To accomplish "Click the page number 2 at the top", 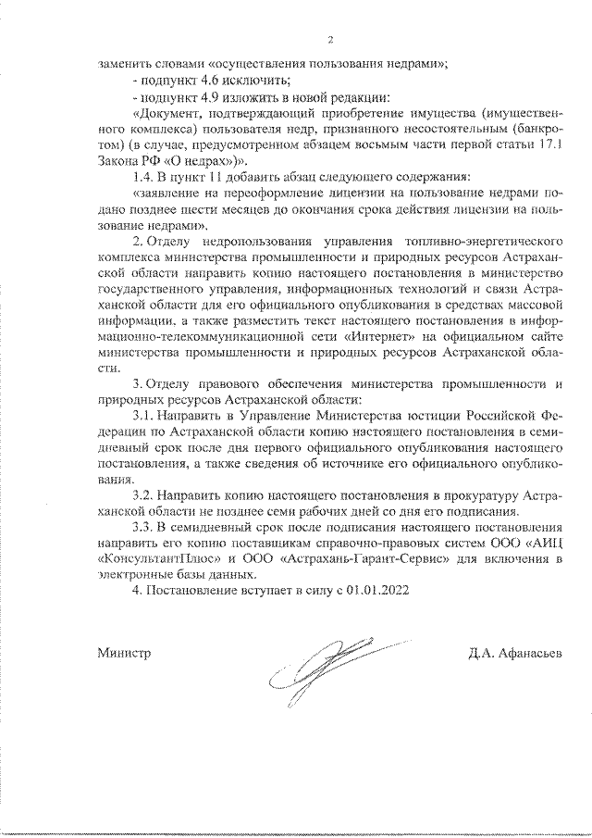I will pyautogui.click(x=329, y=39).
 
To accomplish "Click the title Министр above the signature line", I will pyautogui.click(x=123, y=654).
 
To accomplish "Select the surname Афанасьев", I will pyautogui.click(x=527, y=654).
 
